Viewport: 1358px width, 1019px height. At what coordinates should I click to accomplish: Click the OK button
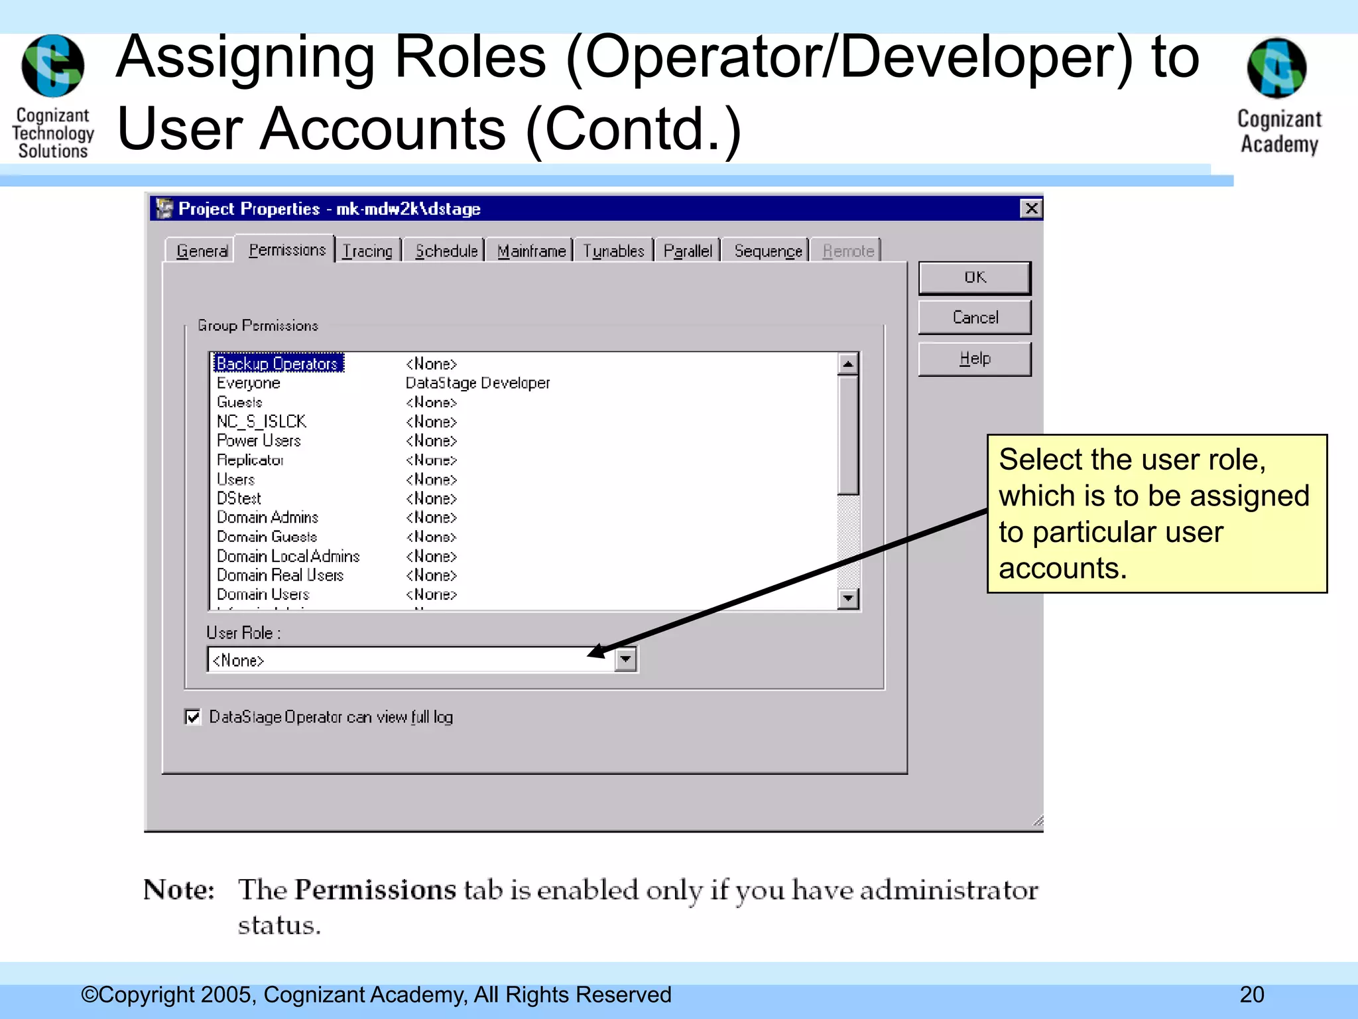click(974, 278)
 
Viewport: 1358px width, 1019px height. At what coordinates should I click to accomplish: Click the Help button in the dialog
click(974, 359)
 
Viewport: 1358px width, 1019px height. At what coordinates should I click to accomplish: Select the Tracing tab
click(368, 251)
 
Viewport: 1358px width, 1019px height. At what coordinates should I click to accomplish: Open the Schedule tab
click(446, 251)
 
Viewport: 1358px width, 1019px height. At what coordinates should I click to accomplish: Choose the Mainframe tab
click(531, 251)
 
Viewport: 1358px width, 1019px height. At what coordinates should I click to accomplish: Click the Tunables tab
click(613, 251)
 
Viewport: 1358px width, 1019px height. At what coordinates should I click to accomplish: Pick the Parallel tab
click(688, 251)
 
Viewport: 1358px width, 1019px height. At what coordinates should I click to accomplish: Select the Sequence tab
click(767, 251)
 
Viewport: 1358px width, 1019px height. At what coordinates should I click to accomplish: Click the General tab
click(202, 251)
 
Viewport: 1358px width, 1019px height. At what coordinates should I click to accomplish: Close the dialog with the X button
click(1031, 209)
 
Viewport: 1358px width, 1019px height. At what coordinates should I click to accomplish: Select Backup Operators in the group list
click(277, 364)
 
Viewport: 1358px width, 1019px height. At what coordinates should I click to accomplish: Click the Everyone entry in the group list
click(249, 383)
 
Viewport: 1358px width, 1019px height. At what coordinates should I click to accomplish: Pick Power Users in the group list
click(259, 441)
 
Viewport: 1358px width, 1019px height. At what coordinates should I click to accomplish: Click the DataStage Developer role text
click(477, 383)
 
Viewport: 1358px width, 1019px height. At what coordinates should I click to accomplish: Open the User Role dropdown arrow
click(625, 659)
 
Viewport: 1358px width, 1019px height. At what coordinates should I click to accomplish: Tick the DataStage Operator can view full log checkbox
click(193, 717)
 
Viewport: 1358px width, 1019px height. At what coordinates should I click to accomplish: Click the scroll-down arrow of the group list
click(848, 598)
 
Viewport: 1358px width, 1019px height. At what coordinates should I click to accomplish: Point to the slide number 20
click(1252, 994)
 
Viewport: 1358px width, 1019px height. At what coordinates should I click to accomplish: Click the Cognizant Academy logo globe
click(1276, 68)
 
